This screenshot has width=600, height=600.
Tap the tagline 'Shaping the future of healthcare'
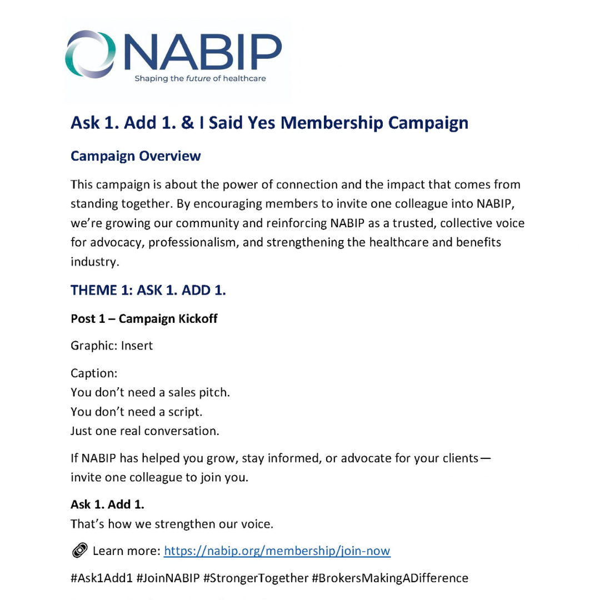pyautogui.click(x=200, y=78)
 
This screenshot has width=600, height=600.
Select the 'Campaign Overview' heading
pyautogui.click(x=136, y=156)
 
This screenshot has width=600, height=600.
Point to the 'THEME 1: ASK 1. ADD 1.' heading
pyautogui.click(x=148, y=291)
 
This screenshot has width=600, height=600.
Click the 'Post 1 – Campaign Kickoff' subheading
pyautogui.click(x=144, y=319)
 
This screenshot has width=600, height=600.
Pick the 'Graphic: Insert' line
pyautogui.click(x=112, y=346)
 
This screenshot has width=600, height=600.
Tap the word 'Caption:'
pyautogui.click(x=94, y=374)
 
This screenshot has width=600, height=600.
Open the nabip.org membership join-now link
pyautogui.click(x=277, y=551)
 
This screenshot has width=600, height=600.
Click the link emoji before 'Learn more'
pyautogui.click(x=79, y=551)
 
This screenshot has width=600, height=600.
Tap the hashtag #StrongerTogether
pyautogui.click(x=256, y=578)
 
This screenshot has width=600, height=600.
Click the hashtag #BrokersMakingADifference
pyautogui.click(x=390, y=578)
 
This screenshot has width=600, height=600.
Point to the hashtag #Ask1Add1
pyautogui.click(x=102, y=578)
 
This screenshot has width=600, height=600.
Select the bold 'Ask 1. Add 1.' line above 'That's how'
pyautogui.click(x=107, y=504)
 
